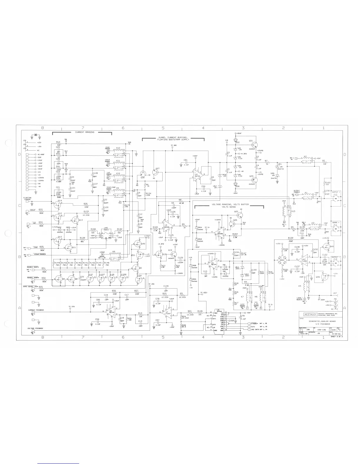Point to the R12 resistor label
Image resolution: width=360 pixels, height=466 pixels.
pos(58,142)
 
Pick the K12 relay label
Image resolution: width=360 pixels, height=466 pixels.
pos(118,148)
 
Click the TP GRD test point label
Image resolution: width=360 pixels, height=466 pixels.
pos(174,146)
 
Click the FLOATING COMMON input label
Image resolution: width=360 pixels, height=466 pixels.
pos(29,199)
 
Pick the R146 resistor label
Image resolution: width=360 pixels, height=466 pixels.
pos(107,263)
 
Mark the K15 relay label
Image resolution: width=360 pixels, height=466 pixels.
pos(293,211)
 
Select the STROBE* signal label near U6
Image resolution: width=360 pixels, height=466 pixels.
pos(254,323)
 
